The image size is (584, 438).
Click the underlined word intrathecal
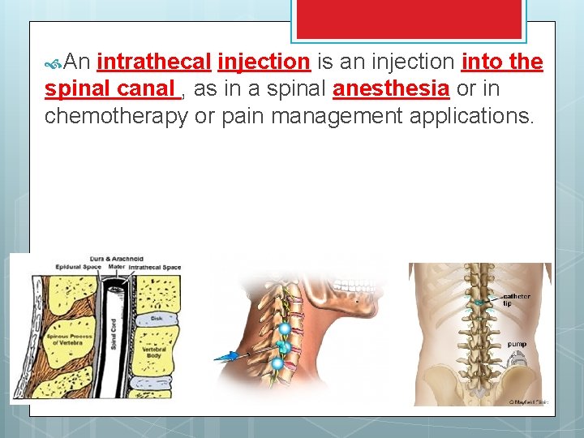point(154,62)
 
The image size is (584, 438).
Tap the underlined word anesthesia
point(391,88)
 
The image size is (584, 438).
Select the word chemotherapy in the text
point(117,116)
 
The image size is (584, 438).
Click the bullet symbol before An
point(54,62)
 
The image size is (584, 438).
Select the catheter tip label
point(517,299)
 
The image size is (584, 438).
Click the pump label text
point(517,343)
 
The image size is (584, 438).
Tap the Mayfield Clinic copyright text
point(528,401)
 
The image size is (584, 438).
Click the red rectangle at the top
point(410,19)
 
